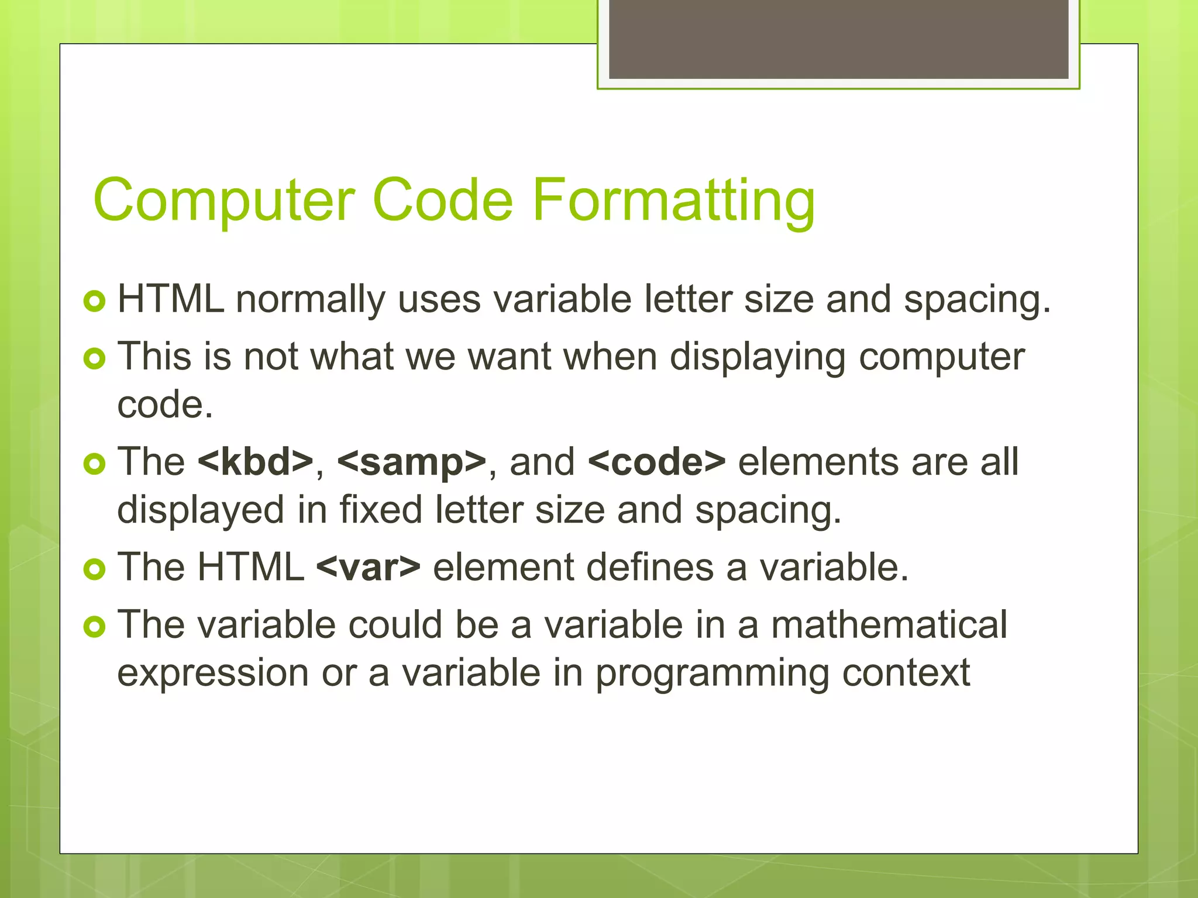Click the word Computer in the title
coord(224,201)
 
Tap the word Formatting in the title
coord(673,201)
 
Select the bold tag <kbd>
coord(256,462)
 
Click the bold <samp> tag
coord(412,462)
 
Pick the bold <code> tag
coord(656,462)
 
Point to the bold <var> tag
coord(368,567)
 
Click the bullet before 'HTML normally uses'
coord(94,301)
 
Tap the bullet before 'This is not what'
coord(94,358)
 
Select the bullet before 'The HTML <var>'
coord(94,569)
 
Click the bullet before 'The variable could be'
coord(94,627)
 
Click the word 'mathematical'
coord(889,624)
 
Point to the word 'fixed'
coord(380,509)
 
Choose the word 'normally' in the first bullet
coord(310,300)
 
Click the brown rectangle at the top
coord(838,39)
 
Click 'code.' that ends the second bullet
coord(165,405)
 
